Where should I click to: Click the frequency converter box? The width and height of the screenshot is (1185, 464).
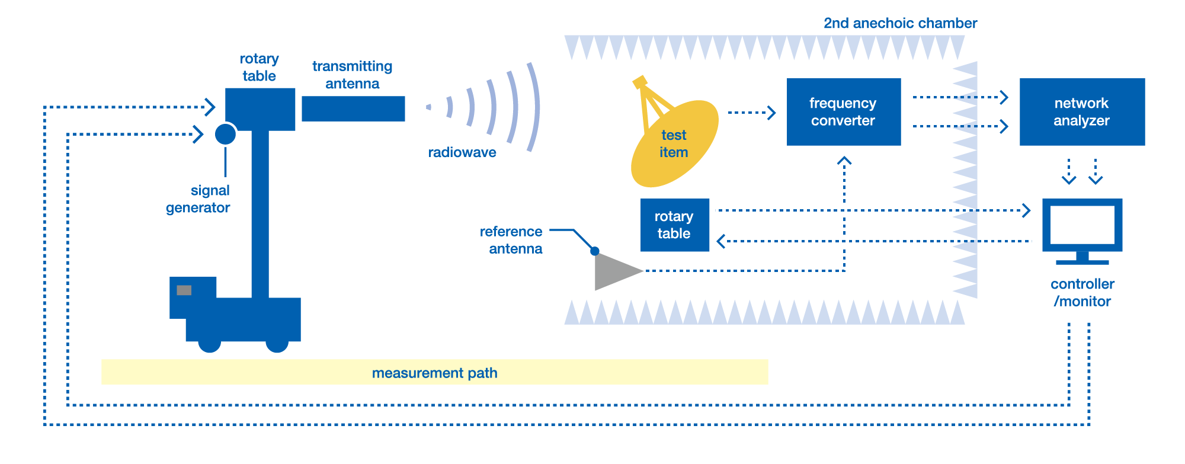coord(843,112)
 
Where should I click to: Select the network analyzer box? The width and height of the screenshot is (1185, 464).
coord(1081,112)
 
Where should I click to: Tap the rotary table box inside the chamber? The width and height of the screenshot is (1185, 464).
coord(674,225)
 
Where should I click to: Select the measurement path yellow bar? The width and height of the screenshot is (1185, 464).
coord(434,372)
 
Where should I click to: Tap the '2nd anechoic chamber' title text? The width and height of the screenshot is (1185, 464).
coord(899,23)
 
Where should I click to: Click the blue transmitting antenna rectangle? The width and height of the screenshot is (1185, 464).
coord(353,109)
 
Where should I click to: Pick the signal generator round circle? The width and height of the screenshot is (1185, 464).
coord(225,134)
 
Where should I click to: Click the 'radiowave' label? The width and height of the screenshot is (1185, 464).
coord(462,152)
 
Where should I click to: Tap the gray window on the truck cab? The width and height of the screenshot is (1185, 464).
coord(184,290)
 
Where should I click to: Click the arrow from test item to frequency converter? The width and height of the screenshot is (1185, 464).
coord(751,113)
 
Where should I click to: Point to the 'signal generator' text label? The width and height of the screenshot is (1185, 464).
coord(198,199)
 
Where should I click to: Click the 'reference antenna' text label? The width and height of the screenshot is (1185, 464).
coord(512,240)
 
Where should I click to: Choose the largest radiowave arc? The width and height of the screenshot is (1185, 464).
coord(534,107)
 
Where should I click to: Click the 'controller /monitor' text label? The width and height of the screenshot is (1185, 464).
coord(1082,293)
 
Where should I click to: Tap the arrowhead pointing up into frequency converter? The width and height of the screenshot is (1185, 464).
coord(844,161)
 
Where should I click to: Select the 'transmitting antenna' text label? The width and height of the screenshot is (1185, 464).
coord(352,75)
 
